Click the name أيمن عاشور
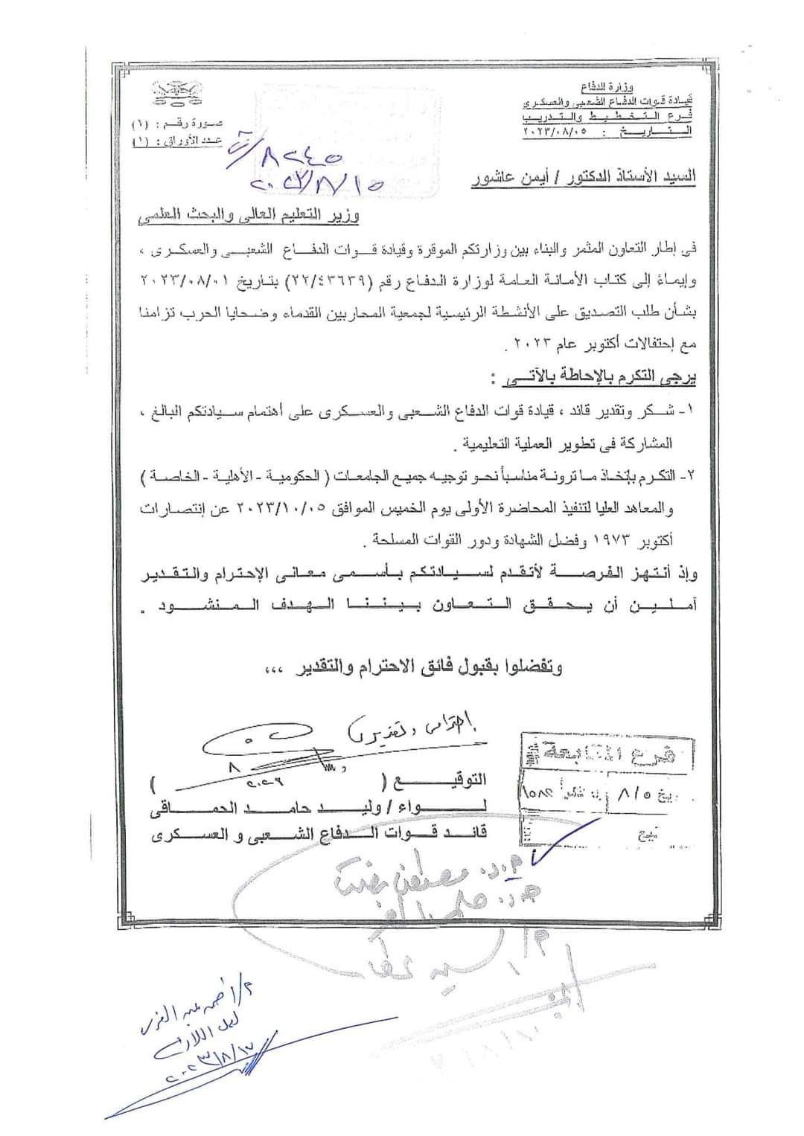505,178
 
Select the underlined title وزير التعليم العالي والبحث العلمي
248,217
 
